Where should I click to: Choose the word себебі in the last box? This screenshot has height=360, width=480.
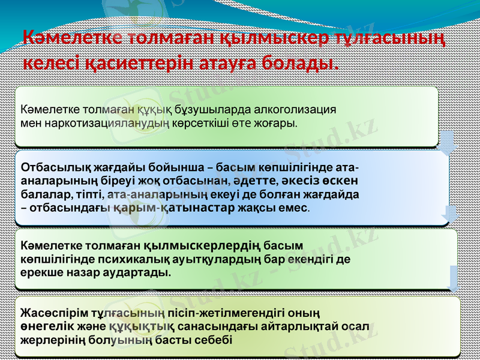215,340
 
